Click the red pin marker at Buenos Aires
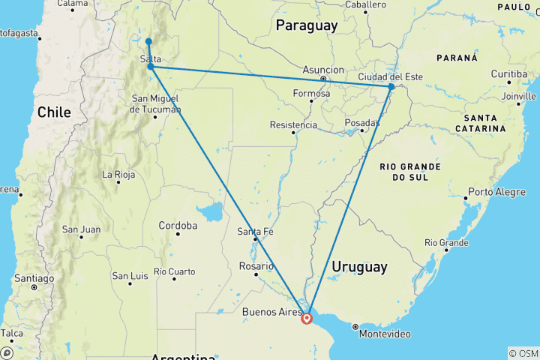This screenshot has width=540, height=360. [307, 318]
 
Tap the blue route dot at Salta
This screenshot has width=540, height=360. [151, 67]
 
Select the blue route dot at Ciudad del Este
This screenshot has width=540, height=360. [391, 87]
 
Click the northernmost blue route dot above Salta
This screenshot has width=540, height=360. [149, 41]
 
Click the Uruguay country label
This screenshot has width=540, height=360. [359, 266]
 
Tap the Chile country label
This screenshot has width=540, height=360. [54, 112]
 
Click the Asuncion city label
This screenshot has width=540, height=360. [323, 69]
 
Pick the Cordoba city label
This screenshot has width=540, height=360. [178, 225]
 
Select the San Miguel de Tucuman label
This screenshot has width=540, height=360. [156, 103]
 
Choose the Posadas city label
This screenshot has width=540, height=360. [363, 122]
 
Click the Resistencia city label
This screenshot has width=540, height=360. [293, 124]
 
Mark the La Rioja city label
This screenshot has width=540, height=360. [118, 175]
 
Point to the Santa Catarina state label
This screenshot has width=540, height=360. [484, 124]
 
